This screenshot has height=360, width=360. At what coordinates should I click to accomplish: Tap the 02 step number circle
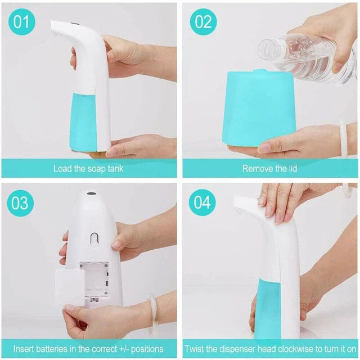(203, 22)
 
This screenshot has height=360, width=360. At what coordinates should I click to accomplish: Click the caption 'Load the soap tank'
(88, 168)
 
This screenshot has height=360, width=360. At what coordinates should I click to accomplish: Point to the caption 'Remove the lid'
(269, 168)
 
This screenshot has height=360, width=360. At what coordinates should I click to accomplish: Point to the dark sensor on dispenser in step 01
(76, 25)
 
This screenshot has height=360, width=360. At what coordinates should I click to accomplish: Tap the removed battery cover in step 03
(69, 287)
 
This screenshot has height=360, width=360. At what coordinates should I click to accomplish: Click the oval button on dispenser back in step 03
(94, 238)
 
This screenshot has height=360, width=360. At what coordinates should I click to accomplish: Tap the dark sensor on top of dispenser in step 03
(89, 195)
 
